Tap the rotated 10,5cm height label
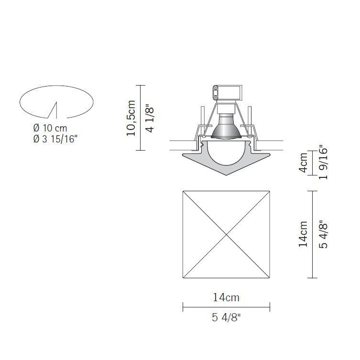point(131,118)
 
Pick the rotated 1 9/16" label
point(324,163)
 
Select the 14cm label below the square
point(226,297)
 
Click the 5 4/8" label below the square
point(226,318)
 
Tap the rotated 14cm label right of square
point(303,234)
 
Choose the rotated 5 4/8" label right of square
point(324,234)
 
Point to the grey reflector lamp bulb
point(226,126)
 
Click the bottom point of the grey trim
point(226,174)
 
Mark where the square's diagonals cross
point(226,234)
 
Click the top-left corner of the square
point(183,191)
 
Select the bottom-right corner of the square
point(270,278)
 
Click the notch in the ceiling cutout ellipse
point(55,107)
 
